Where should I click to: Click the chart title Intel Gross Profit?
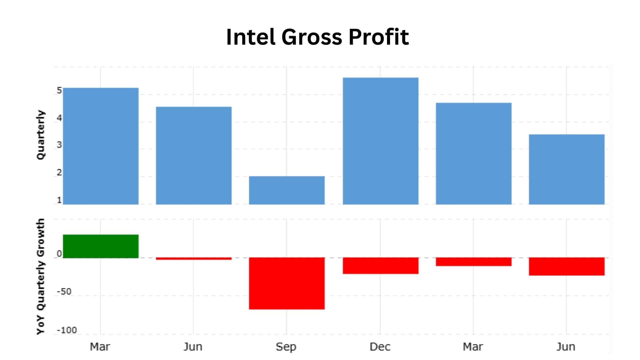317,37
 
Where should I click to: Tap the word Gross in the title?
312,37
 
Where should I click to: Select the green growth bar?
101,246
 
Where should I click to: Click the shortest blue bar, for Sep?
287,190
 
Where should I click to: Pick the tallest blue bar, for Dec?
380,141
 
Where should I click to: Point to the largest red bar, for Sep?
287,283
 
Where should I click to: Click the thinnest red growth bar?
194,259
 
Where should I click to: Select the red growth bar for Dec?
380,266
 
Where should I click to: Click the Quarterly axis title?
40,135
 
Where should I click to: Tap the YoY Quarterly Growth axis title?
40,277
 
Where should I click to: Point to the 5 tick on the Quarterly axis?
59,91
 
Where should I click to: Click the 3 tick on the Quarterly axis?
59,145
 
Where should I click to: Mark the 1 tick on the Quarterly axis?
59,200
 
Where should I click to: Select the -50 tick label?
64,292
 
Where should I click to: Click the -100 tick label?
67,330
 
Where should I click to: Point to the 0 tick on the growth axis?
59,254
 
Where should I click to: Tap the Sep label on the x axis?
286,347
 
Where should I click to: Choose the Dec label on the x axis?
380,347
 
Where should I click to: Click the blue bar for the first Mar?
101,146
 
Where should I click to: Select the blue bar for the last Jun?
566,169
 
